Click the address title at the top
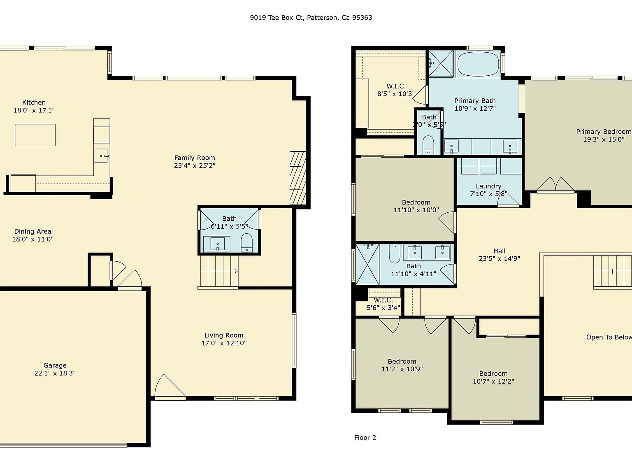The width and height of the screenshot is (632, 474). pyautogui.click(x=311, y=18)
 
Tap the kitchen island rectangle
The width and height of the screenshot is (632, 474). pyautogui.click(x=35, y=135)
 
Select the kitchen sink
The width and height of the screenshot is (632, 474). pyautogui.click(x=101, y=156)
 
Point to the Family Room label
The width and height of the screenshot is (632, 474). pyautogui.click(x=194, y=158)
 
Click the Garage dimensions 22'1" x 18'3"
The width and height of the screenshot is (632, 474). pyautogui.click(x=55, y=373)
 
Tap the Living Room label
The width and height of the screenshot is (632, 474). pyautogui.click(x=223, y=335)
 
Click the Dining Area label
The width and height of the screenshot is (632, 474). pyautogui.click(x=33, y=232)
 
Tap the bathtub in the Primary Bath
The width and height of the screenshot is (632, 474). pyautogui.click(x=477, y=64)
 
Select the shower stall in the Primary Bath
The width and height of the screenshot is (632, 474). pyautogui.click(x=441, y=63)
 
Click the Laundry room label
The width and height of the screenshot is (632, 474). pyautogui.click(x=488, y=186)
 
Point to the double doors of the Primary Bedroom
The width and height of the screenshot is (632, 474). pyautogui.click(x=555, y=185)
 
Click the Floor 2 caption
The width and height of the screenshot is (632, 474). pyautogui.click(x=365, y=438)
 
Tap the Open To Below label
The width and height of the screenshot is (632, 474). pyautogui.click(x=609, y=337)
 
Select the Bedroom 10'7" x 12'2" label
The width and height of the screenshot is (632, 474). pyautogui.click(x=493, y=374)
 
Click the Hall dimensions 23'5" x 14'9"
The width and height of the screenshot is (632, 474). pyautogui.click(x=499, y=259)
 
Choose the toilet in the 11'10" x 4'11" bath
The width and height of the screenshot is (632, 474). pyautogui.click(x=394, y=254)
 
